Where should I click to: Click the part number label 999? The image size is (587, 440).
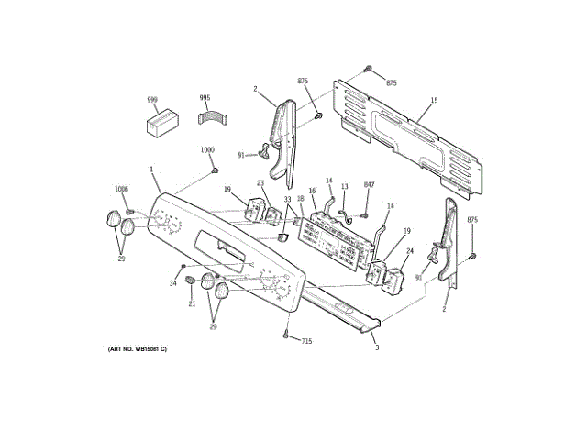click(x=153, y=99)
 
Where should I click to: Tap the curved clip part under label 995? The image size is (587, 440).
click(x=212, y=119)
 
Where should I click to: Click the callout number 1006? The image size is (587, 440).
click(x=121, y=189)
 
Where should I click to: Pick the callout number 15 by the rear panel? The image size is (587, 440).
click(x=434, y=100)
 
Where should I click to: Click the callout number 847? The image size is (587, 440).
click(x=369, y=185)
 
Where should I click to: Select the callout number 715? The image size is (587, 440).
click(x=306, y=341)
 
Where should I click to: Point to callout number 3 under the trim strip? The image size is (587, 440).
click(x=375, y=347)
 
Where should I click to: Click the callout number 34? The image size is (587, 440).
click(x=172, y=282)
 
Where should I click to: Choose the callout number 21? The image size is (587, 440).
click(x=193, y=303)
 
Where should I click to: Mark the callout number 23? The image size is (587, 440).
click(x=260, y=183)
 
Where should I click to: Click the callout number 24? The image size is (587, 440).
click(x=409, y=250)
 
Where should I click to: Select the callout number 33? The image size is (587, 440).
click(x=287, y=199)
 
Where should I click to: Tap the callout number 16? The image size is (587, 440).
click(x=312, y=192)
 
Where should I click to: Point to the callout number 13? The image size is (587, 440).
click(x=345, y=187)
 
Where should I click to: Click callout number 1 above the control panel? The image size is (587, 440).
click(x=151, y=170)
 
